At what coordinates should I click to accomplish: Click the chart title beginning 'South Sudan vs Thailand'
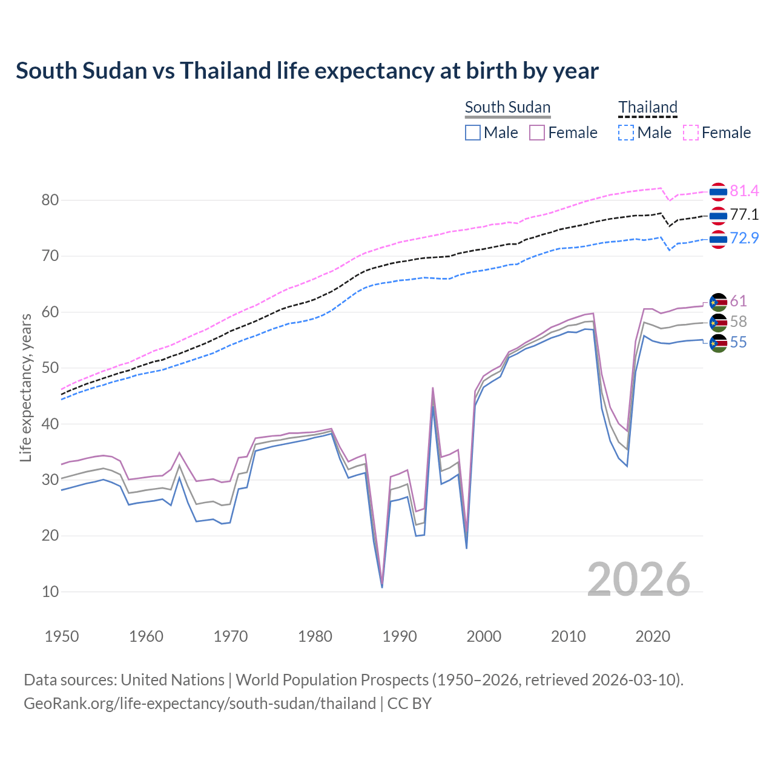[307, 71]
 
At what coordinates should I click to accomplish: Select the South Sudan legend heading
[507, 108]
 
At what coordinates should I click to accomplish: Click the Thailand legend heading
[647, 108]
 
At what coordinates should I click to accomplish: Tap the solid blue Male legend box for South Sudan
[473, 133]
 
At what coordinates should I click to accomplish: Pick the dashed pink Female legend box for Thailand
[691, 133]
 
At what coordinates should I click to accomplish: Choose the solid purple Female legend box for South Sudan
[537, 133]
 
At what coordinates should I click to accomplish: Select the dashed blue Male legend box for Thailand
[626, 133]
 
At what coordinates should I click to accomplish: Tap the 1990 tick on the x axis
[400, 636]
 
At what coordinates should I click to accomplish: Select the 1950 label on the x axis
[62, 636]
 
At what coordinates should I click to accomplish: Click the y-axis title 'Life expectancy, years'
[25, 387]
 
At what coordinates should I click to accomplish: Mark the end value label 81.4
[744, 191]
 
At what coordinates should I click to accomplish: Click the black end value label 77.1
[744, 215]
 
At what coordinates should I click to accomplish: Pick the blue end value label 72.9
[744, 238]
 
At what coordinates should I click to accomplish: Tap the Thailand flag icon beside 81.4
[718, 192]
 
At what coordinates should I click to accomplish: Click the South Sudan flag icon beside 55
[718, 343]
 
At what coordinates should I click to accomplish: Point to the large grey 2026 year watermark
[638, 579]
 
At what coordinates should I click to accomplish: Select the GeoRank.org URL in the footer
[200, 704]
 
